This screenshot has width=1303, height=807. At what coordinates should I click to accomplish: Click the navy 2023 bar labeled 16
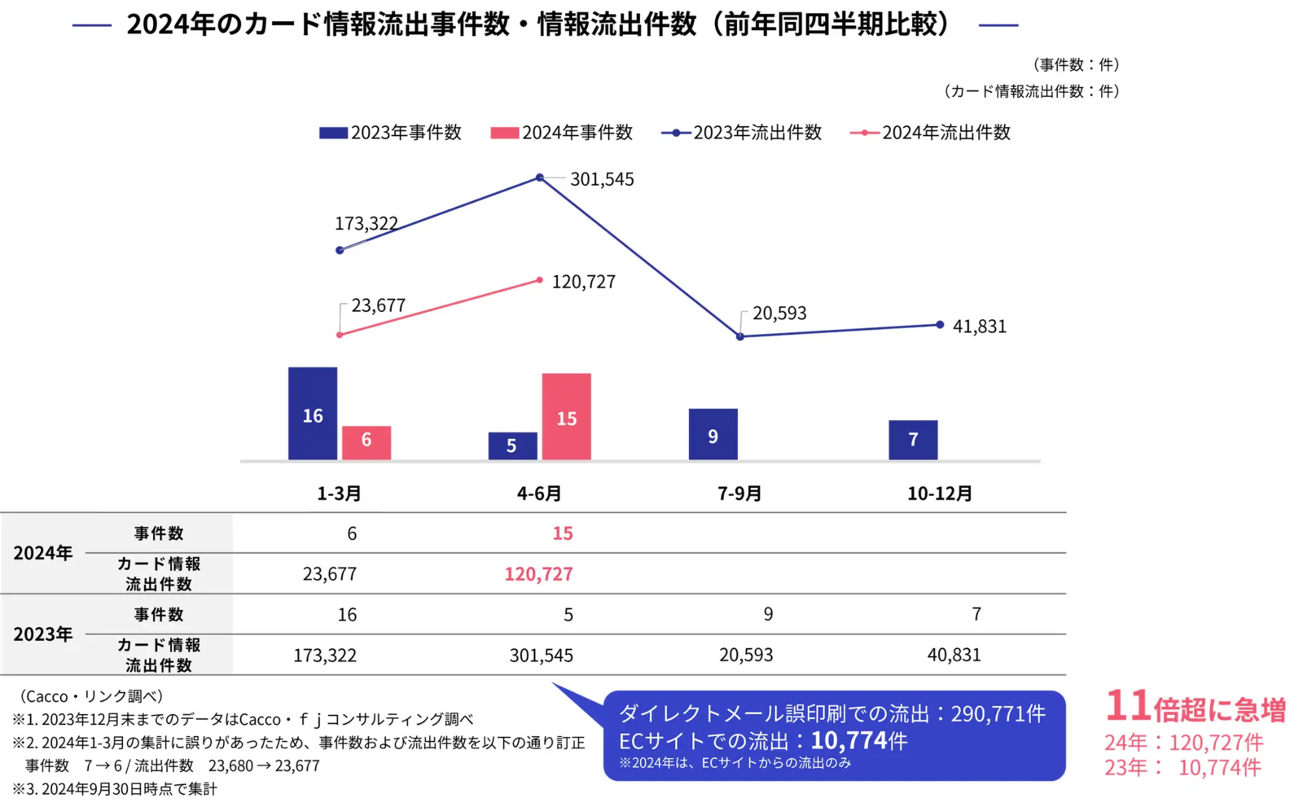(312, 414)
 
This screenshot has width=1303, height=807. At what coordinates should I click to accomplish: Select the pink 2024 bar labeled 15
(566, 417)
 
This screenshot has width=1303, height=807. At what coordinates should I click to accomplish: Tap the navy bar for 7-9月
(713, 435)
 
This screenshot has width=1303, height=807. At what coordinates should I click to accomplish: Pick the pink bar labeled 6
(366, 442)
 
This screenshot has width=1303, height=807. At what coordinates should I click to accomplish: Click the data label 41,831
(979, 327)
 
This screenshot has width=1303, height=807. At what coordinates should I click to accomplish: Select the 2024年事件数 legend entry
(562, 133)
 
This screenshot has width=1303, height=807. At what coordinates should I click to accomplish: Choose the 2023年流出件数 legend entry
(742, 133)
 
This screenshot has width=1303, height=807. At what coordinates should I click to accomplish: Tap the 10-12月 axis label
(939, 493)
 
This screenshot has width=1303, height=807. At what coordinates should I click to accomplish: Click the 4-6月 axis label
(539, 493)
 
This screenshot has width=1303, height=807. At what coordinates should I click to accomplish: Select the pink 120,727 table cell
(538, 574)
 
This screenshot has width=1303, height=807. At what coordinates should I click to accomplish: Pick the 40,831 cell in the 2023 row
(954, 655)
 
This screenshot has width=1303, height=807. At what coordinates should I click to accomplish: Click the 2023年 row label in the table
(43, 634)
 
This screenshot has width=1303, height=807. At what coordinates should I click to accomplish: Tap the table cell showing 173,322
(324, 656)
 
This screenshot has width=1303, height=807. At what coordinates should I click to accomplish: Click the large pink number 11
(1127, 706)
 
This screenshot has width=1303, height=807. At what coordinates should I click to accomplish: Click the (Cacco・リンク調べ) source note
(91, 696)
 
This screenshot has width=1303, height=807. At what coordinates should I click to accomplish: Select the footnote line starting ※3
(114, 789)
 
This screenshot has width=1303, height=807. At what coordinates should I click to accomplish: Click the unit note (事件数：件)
(1076, 64)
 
